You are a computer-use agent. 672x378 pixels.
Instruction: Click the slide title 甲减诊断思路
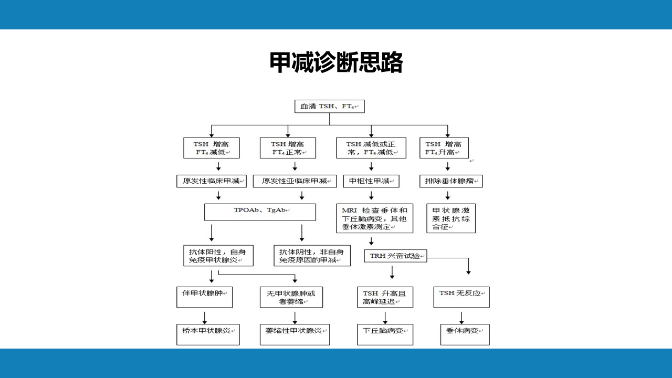coord(336,62)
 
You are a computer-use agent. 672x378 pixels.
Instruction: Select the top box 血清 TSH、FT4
coord(329,106)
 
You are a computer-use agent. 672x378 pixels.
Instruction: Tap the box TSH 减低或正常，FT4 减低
coord(371,148)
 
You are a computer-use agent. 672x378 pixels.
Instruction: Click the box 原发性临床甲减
coord(212,181)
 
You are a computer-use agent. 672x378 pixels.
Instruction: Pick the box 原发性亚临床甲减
coord(295,181)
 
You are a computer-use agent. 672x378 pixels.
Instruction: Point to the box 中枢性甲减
coord(371,181)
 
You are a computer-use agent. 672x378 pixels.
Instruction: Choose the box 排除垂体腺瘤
coord(451,181)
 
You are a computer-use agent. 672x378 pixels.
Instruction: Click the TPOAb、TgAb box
coord(260,212)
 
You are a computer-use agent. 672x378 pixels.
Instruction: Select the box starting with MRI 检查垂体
coord(374,218)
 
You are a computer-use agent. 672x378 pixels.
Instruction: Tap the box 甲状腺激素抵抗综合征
coord(451,218)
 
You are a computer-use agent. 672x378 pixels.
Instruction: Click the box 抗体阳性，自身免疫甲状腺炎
coord(218,256)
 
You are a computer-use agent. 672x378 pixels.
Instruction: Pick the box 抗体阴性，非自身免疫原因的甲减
coord(312,256)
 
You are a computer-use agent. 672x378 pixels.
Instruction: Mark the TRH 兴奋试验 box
coord(395,256)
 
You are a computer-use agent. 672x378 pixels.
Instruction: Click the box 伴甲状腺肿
coord(205,297)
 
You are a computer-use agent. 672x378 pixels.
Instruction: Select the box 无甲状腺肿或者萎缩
coord(291,297)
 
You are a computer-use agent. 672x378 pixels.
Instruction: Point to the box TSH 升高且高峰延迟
coord(385,297)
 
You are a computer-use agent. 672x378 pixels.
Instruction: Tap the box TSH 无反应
coord(461,297)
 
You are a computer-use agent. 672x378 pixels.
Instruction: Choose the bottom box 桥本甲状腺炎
coord(208,334)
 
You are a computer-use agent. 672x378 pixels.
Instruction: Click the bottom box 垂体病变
coord(465,334)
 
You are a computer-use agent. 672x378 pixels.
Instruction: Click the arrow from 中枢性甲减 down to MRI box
coord(371,196)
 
